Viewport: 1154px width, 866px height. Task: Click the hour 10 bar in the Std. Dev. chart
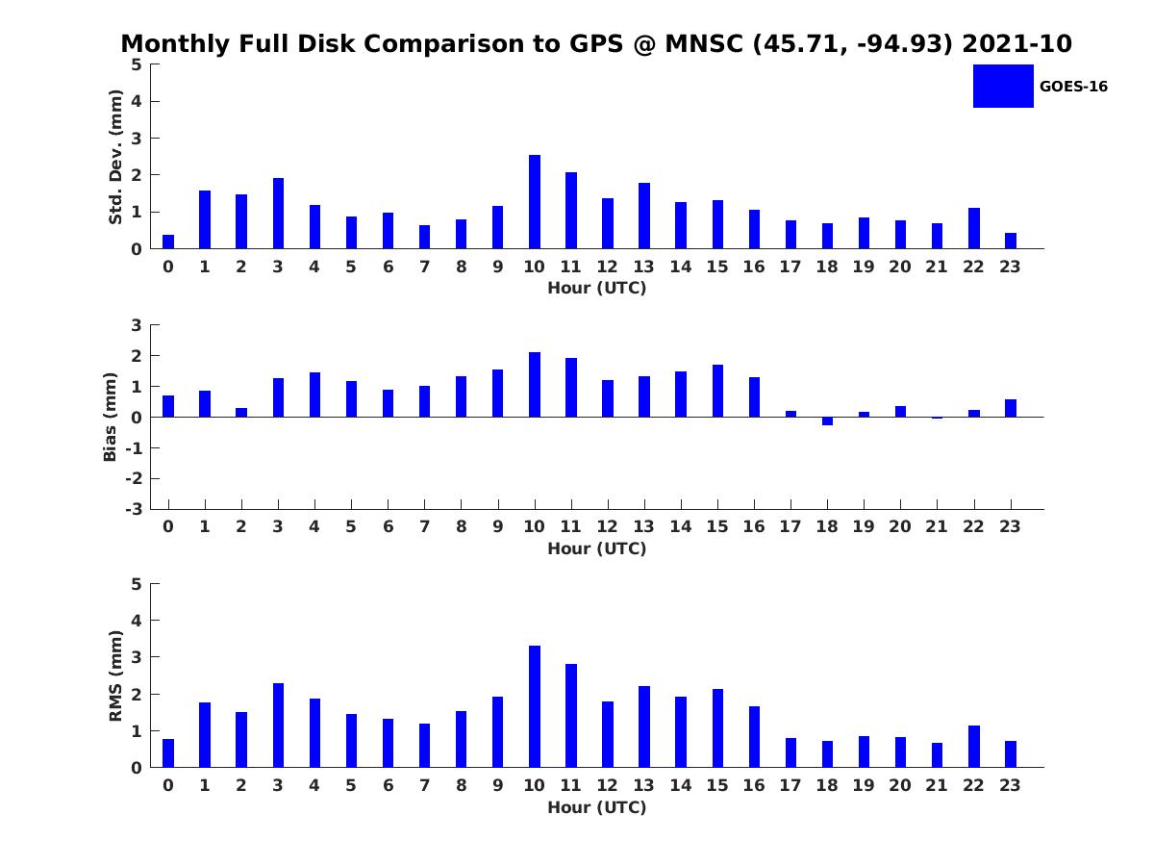pyautogui.click(x=534, y=201)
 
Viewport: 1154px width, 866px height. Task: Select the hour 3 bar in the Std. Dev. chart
pyautogui.click(x=278, y=213)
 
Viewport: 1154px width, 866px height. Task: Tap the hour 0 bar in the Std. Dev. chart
pyautogui.click(x=168, y=242)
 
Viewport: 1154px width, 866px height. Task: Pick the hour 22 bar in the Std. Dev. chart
pyautogui.click(x=973, y=228)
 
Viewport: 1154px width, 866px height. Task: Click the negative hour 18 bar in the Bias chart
pyautogui.click(x=828, y=421)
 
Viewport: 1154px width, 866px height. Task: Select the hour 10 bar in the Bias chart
pyautogui.click(x=534, y=384)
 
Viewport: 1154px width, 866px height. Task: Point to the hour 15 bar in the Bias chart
pyautogui.click(x=717, y=391)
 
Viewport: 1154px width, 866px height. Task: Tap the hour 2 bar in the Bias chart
pyautogui.click(x=241, y=412)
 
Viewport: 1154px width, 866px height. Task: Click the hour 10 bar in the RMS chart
pyautogui.click(x=534, y=706)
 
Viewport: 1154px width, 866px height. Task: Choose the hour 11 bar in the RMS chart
pyautogui.click(x=571, y=715)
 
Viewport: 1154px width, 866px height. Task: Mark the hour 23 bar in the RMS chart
pyautogui.click(x=1011, y=754)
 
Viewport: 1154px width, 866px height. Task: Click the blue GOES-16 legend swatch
pyautogui.click(x=1003, y=87)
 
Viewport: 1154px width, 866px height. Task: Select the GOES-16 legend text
pyautogui.click(x=1073, y=87)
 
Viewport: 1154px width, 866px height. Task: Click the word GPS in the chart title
pyautogui.click(x=596, y=43)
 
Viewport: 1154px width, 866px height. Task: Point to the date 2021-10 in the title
pyautogui.click(x=1016, y=43)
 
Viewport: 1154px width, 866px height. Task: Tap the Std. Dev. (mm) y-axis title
pyautogui.click(x=115, y=157)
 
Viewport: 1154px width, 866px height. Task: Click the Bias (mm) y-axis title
pyautogui.click(x=110, y=417)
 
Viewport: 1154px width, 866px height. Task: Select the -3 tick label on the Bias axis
pyautogui.click(x=134, y=509)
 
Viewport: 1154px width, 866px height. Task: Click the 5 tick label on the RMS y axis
pyautogui.click(x=137, y=584)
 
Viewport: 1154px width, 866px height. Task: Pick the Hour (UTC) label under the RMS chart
pyautogui.click(x=597, y=807)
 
